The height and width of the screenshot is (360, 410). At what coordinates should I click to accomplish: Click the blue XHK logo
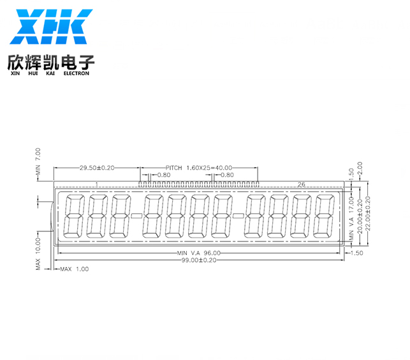pos(51,27)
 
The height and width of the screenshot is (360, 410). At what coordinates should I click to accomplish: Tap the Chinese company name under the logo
pos(51,62)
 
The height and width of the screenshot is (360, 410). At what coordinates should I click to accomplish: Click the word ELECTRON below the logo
pos(77,73)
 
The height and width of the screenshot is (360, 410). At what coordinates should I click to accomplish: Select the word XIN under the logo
pos(15,73)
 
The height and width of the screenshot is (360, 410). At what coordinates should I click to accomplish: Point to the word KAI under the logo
pos(50,73)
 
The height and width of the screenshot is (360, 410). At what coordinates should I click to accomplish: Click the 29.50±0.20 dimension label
pos(97,168)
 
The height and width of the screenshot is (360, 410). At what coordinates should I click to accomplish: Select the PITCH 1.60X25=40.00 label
pos(199,168)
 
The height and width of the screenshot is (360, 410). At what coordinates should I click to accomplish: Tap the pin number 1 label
pos(97,184)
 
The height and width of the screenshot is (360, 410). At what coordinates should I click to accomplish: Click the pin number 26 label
pos(301,184)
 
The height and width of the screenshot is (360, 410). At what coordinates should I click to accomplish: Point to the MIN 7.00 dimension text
pos(38,162)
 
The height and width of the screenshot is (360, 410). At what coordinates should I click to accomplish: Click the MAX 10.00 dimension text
pos(38,254)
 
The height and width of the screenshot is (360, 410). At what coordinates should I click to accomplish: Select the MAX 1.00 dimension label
pos(75,269)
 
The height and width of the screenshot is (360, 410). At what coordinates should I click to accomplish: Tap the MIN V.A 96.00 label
pos(199,253)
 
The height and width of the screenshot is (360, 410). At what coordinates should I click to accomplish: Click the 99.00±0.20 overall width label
pos(199,260)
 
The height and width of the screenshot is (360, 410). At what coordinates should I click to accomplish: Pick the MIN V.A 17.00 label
pos(351,219)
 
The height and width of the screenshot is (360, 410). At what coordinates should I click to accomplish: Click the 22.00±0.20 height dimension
pos(368,213)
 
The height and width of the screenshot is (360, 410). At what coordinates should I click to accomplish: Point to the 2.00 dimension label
pos(360,168)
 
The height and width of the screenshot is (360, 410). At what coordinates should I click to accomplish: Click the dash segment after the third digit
pos(136,216)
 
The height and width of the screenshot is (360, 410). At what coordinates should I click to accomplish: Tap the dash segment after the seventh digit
pos(238,216)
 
